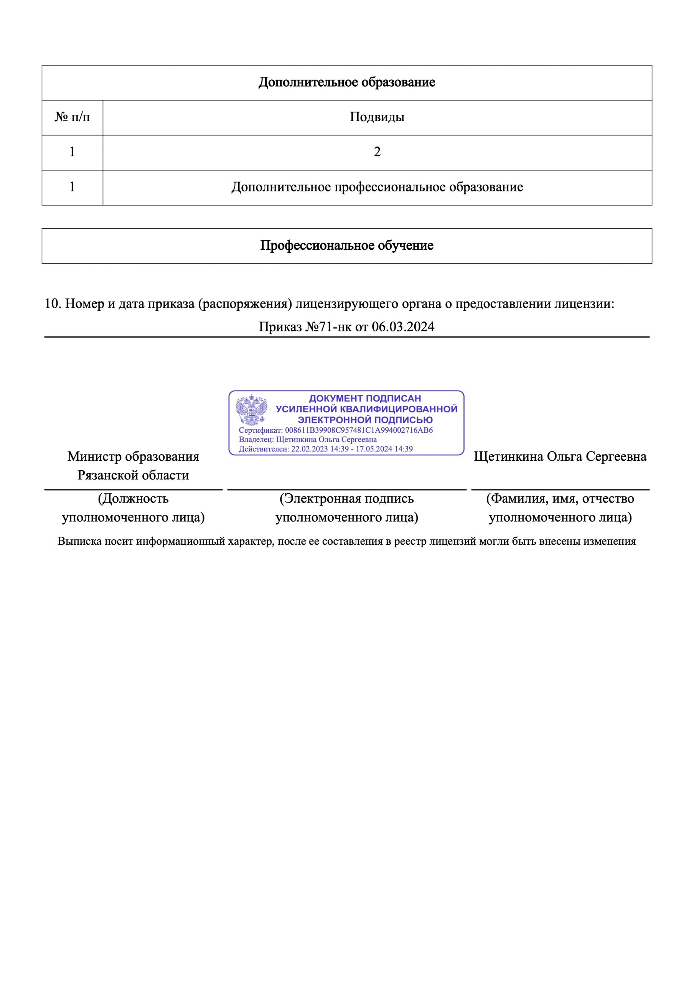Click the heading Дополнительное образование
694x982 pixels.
tap(346, 82)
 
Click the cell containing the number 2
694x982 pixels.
tap(377, 152)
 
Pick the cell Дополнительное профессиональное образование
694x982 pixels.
tap(377, 187)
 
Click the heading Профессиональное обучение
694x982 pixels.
tap(346, 245)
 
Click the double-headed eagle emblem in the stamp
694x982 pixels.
tap(252, 410)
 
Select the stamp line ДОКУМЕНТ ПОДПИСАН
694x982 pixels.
tap(364, 398)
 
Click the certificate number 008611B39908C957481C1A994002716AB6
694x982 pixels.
tap(359, 430)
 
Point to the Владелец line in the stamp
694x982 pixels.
tap(307, 440)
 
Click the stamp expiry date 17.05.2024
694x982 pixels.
tap(374, 449)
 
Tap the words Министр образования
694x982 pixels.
tap(133, 456)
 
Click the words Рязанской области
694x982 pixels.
tap(133, 475)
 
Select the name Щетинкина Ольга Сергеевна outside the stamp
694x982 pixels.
tap(560, 456)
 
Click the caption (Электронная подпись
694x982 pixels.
tap(346, 499)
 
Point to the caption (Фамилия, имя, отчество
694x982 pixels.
tap(560, 499)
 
